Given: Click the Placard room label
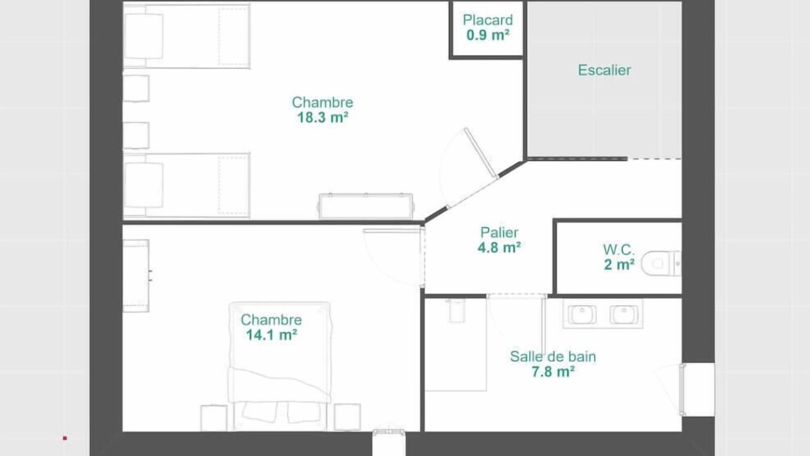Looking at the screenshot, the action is (488, 20).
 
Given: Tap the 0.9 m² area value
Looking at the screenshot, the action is (488, 35).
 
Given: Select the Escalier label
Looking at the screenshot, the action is (604, 70).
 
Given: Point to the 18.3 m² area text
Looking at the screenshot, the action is (323, 117).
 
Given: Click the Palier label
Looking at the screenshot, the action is (499, 232).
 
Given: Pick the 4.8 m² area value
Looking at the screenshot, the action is (499, 248).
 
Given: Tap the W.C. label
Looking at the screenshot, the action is (619, 250).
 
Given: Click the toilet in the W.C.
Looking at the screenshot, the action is (661, 263).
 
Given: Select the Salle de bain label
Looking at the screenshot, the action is (553, 357).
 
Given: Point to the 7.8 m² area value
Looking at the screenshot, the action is (553, 372).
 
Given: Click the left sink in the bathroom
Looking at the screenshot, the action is (582, 315).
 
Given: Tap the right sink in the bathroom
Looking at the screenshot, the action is (624, 315).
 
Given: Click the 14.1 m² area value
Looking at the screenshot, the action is (271, 335).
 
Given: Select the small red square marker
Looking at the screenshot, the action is (65, 438).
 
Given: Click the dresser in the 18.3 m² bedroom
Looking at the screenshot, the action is (366, 206).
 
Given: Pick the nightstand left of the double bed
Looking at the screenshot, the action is (214, 417).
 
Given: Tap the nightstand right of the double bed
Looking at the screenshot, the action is (347, 417).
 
